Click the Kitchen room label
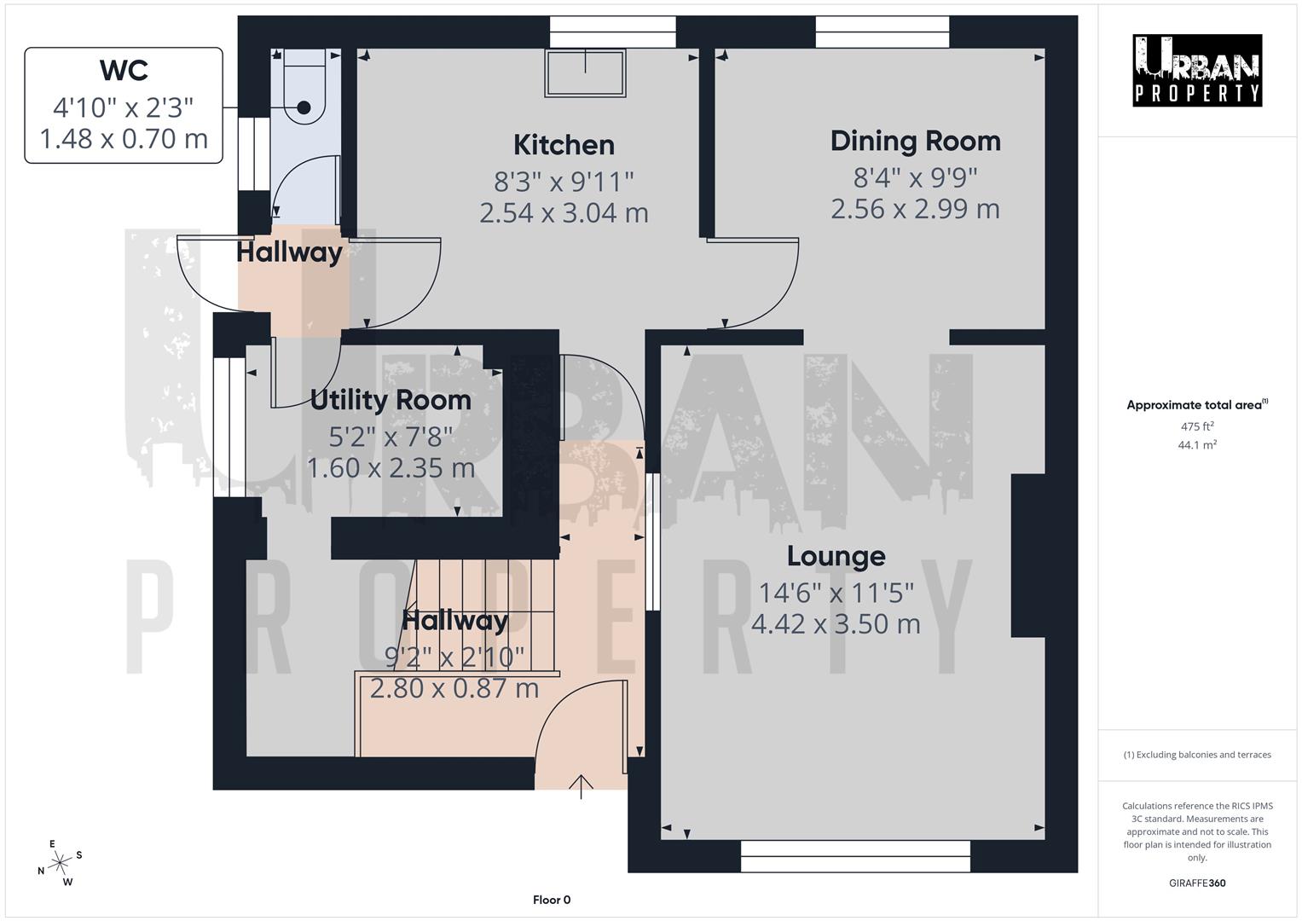[564, 145]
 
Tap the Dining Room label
[915, 141]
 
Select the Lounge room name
[836, 556]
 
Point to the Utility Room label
[391, 399]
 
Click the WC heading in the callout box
[124, 71]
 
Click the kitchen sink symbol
[586, 72]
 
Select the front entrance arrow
[581, 786]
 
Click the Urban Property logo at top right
[1196, 70]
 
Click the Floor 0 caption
[552, 900]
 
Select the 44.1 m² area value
[1196, 444]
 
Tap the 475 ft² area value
[1196, 426]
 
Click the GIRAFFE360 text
[1196, 883]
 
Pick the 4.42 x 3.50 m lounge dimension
[836, 624]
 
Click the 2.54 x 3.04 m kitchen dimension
[564, 212]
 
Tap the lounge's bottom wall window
[855, 856]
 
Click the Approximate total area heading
[1196, 405]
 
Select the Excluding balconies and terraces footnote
[1196, 755]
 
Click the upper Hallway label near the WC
[289, 252]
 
